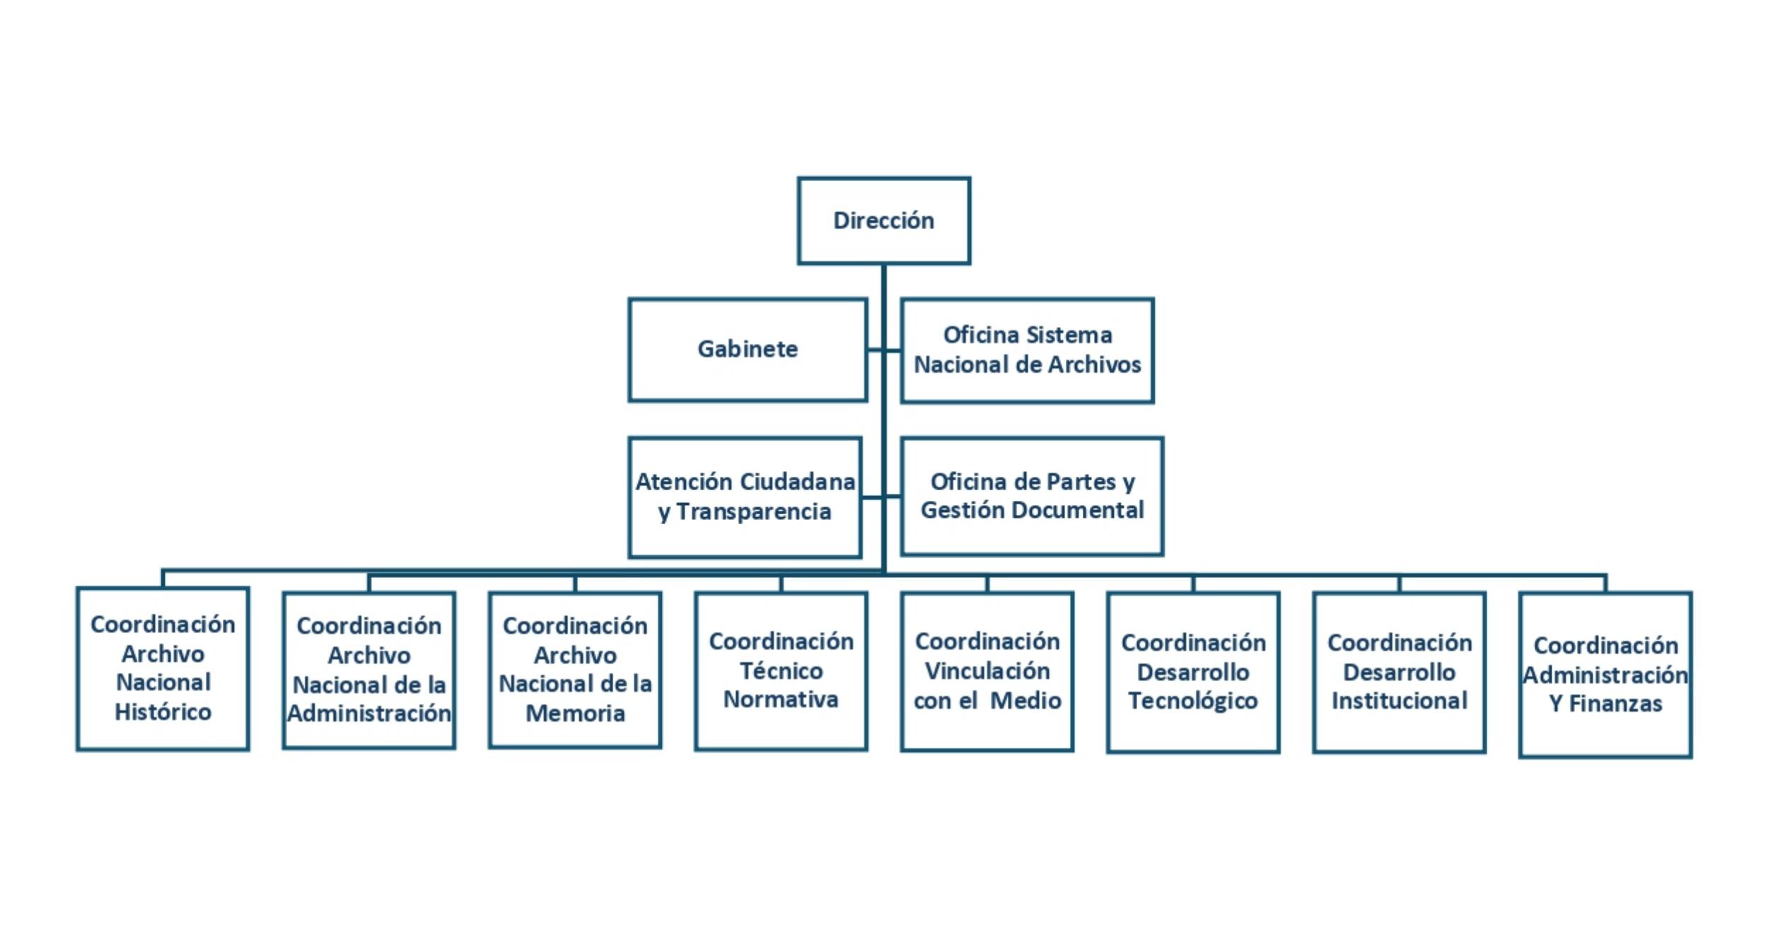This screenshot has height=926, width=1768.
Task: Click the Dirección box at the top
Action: (x=883, y=221)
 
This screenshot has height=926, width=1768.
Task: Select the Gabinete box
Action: (x=748, y=349)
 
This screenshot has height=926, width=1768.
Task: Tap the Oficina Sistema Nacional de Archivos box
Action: (x=1027, y=350)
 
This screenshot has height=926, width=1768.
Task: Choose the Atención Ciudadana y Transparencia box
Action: (x=745, y=497)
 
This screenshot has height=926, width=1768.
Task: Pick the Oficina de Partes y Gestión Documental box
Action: (x=1032, y=496)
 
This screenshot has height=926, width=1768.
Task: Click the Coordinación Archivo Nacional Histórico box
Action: (x=163, y=669)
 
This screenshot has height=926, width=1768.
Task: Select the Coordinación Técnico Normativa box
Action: (x=781, y=671)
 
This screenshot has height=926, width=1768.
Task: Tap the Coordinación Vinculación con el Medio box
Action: (x=987, y=671)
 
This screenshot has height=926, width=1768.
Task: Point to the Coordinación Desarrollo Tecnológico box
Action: (x=1193, y=672)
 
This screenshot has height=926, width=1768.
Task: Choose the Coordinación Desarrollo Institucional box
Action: (x=1399, y=672)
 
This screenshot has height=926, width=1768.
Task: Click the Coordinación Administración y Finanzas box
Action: (x=1605, y=674)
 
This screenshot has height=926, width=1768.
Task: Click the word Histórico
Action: (x=163, y=712)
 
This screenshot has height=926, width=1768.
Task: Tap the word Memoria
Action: (x=575, y=714)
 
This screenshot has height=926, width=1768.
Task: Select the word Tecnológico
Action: (x=1193, y=701)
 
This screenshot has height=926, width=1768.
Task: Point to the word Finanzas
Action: (x=1616, y=704)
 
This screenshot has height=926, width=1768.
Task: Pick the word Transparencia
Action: (x=754, y=511)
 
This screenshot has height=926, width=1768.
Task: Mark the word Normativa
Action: (x=781, y=700)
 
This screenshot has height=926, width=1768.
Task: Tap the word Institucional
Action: (x=1399, y=701)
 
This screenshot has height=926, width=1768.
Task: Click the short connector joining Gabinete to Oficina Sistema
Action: (x=883, y=349)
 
